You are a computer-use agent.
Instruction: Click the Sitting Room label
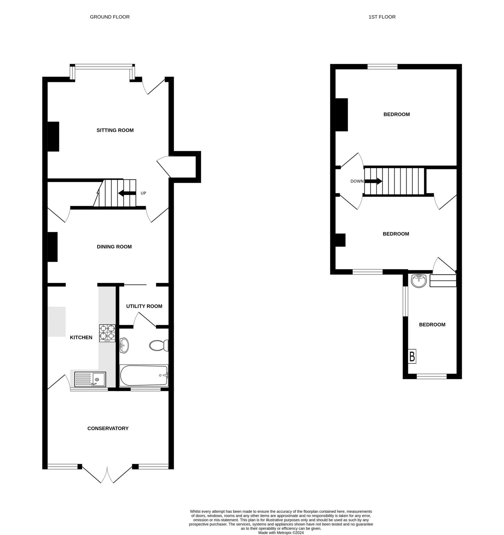(115, 130)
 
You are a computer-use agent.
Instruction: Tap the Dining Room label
(114, 247)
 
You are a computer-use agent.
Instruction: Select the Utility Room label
(144, 306)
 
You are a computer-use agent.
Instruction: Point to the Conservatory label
(108, 428)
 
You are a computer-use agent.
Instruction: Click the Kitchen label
(81, 338)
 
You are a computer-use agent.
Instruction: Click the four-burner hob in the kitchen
(107, 333)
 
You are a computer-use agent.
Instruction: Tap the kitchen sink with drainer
(90, 379)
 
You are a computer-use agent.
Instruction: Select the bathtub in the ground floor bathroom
(144, 375)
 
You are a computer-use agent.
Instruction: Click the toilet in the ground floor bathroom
(159, 345)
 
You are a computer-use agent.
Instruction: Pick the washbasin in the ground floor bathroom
(124, 345)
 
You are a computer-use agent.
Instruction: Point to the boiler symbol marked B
(412, 356)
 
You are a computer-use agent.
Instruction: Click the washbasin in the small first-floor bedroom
(419, 281)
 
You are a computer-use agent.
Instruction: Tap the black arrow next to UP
(127, 193)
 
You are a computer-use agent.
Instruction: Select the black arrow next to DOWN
(373, 181)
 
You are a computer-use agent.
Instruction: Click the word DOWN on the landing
(357, 181)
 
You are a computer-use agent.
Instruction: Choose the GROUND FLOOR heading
(110, 17)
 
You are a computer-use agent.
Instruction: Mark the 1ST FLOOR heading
(382, 17)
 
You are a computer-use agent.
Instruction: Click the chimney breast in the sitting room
(53, 137)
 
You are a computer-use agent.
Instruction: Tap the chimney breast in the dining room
(52, 247)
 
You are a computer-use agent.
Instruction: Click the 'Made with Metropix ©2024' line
(281, 533)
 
